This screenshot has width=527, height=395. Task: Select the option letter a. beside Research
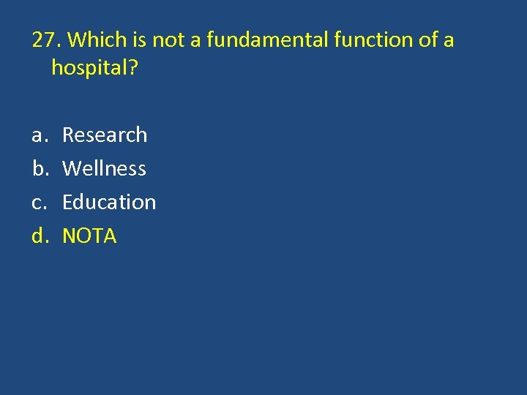[38, 135]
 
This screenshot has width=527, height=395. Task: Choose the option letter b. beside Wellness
[39, 168]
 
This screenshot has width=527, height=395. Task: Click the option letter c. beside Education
[38, 203]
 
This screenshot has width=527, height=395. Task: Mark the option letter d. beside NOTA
[39, 236]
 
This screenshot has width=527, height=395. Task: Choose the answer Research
[105, 135]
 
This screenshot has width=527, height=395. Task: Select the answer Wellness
[104, 168]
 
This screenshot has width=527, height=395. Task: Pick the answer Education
[109, 202]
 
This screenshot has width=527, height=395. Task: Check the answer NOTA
[89, 236]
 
